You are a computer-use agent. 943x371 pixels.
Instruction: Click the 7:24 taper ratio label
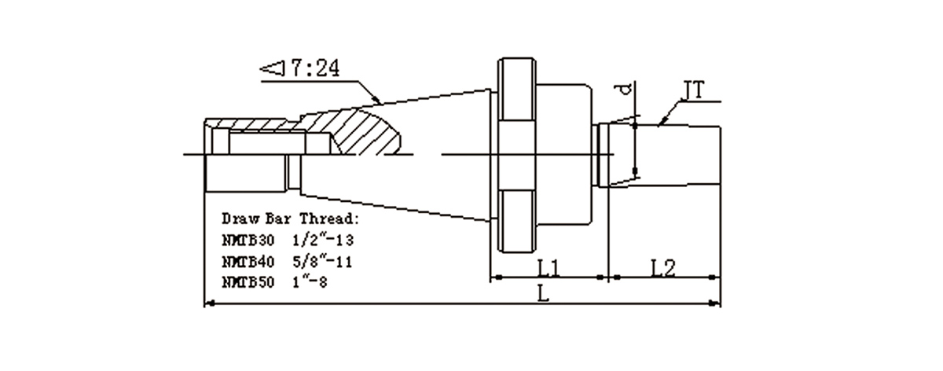(x=314, y=68)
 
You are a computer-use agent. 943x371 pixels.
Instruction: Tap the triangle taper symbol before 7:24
(x=272, y=68)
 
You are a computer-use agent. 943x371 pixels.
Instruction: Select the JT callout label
(x=692, y=90)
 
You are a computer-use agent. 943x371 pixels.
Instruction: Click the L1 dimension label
(x=549, y=268)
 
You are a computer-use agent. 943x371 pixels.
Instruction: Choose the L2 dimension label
(x=663, y=268)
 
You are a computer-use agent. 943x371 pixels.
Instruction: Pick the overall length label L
(x=544, y=293)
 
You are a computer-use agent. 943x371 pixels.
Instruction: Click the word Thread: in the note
(x=329, y=219)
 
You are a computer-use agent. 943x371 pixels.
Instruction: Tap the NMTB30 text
(x=248, y=241)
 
